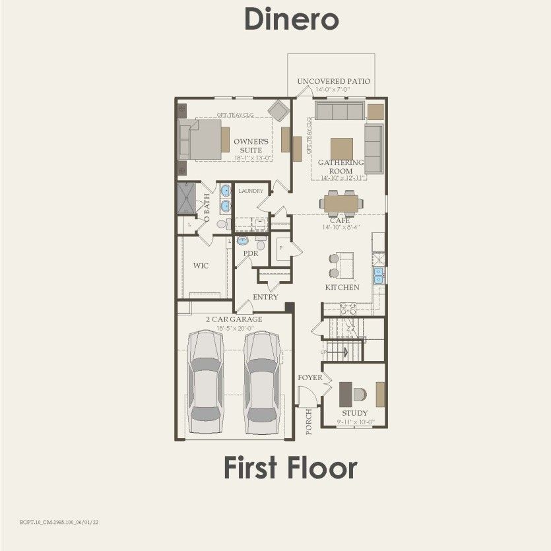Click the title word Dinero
click(x=292, y=19)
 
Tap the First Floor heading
click(x=290, y=467)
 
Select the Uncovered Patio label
click(x=333, y=81)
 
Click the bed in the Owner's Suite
click(x=206, y=139)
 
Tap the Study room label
click(x=354, y=413)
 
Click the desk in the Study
click(x=346, y=394)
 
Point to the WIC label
click(x=201, y=267)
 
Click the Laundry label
click(x=251, y=191)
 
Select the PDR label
click(x=250, y=253)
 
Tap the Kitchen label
click(x=342, y=288)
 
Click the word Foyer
click(x=310, y=378)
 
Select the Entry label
click(x=265, y=297)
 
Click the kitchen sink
click(x=379, y=275)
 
